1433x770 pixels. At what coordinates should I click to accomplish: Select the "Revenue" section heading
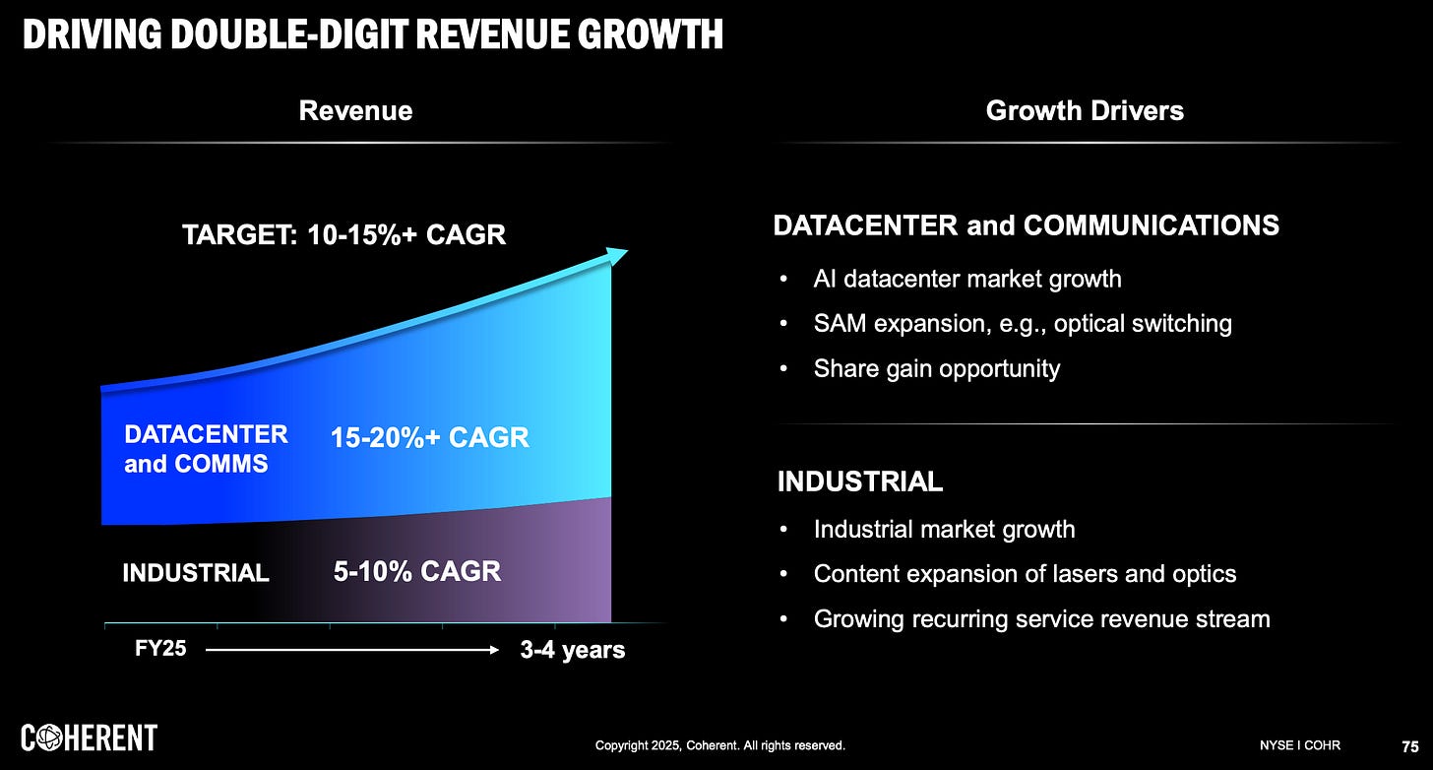pyautogui.click(x=355, y=110)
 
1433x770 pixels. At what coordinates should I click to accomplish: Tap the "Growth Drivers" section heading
pyautogui.click(x=1085, y=110)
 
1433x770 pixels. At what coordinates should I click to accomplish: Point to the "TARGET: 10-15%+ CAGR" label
pyautogui.click(x=344, y=235)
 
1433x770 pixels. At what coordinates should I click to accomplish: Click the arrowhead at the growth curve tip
pyautogui.click(x=617, y=256)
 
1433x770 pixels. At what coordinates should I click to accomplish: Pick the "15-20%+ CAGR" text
pyautogui.click(x=430, y=437)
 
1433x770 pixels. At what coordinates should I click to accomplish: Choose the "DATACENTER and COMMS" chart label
pyautogui.click(x=206, y=449)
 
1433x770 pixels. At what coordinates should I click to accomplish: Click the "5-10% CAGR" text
pyautogui.click(x=416, y=570)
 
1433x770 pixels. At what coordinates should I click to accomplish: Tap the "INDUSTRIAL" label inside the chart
pyautogui.click(x=196, y=572)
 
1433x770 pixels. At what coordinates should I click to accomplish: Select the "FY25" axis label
pyautogui.click(x=160, y=650)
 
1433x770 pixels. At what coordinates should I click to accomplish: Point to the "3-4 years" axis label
pyautogui.click(x=572, y=651)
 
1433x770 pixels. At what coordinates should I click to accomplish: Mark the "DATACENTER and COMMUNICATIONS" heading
pyautogui.click(x=1026, y=225)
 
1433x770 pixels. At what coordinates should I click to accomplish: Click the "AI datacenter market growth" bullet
pyautogui.click(x=966, y=279)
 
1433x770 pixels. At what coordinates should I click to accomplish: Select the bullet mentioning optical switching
pyautogui.click(x=1022, y=323)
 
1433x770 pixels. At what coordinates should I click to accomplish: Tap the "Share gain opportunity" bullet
pyautogui.click(x=936, y=368)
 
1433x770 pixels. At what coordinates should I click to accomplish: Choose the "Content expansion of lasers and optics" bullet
pyautogui.click(x=1025, y=573)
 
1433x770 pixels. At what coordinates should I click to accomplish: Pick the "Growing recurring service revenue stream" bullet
pyautogui.click(x=1041, y=618)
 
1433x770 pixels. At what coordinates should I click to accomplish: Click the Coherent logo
pyautogui.click(x=90, y=738)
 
